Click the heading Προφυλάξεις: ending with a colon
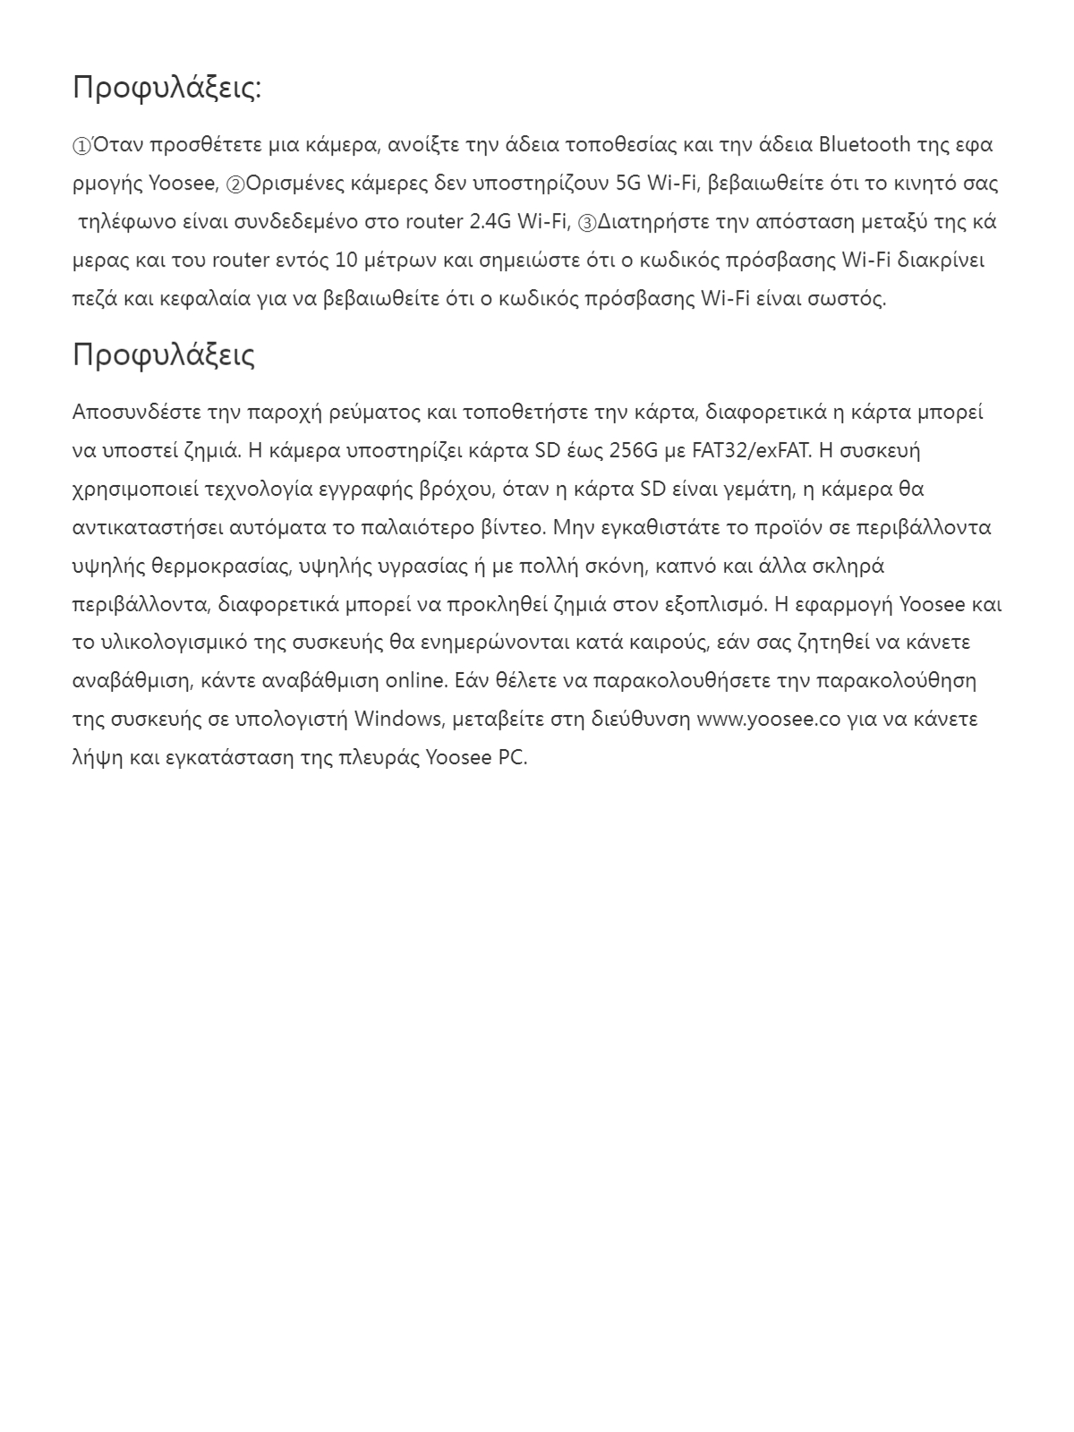(166, 88)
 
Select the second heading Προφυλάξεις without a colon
(164, 354)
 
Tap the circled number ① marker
(81, 146)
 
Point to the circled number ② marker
(235, 184)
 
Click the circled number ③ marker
(587, 223)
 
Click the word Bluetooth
(865, 144)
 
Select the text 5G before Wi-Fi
(628, 183)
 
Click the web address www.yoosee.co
(769, 719)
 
